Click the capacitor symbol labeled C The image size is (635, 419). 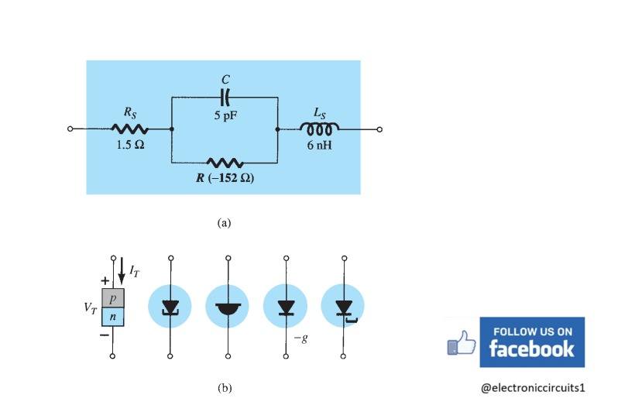coord(225,98)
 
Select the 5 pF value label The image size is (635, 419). coord(225,115)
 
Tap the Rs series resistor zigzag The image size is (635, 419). coord(129,129)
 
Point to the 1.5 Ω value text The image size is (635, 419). coord(130,145)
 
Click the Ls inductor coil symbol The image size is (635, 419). coord(320,128)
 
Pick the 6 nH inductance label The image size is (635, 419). coord(320,145)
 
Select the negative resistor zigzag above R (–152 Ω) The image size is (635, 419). coord(225,163)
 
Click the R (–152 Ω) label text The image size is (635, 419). coord(225,178)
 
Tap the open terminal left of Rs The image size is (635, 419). coord(70,129)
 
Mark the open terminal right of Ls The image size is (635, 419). coord(379,129)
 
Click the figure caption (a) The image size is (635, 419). coord(224,223)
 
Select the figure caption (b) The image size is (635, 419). coord(225,388)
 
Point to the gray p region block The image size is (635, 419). coord(113,298)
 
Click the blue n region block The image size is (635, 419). coord(113,317)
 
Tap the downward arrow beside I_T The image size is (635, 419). coord(122,271)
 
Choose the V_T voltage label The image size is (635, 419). coord(91,308)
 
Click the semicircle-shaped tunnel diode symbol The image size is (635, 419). coord(228,309)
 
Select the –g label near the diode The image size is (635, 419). coord(301,338)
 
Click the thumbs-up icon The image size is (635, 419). coord(462,343)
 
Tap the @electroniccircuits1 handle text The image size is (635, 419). coord(533,388)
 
